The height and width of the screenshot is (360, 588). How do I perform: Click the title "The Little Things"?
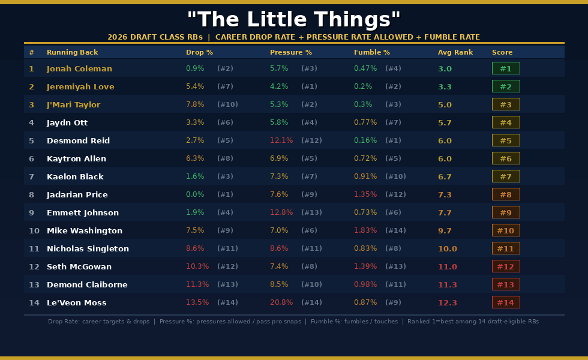coord(293,19)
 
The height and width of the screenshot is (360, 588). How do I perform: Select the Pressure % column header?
coord(291,52)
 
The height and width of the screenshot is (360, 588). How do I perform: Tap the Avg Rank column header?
coord(455,52)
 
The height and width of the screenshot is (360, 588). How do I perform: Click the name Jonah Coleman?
coord(79,68)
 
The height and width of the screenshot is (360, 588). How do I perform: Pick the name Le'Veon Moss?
coord(76,302)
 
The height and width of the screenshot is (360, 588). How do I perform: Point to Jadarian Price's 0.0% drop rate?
coord(195,194)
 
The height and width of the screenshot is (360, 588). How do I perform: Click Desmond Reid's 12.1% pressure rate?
coord(281,140)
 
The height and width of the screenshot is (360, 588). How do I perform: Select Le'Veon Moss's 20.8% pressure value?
coord(281,302)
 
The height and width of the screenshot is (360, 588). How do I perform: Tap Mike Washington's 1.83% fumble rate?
coord(365,230)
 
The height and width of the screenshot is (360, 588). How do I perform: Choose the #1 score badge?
coord(506,68)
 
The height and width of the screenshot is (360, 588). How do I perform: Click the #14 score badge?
coord(506,302)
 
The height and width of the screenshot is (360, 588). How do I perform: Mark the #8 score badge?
coord(506,194)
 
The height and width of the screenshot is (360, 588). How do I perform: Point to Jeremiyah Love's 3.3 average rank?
coord(445,86)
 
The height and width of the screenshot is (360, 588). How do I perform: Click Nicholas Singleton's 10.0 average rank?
coord(447,248)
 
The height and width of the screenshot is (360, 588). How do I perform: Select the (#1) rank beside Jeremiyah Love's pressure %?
coord(309,86)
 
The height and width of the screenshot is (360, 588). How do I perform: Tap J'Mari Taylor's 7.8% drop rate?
coord(195,104)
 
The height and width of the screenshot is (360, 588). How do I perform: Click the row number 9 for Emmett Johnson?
coord(31,212)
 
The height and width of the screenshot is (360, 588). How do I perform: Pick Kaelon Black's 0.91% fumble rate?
coord(365,176)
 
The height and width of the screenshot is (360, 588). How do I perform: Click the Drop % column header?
coord(199,52)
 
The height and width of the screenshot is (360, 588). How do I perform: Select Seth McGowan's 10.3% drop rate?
coord(197,266)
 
